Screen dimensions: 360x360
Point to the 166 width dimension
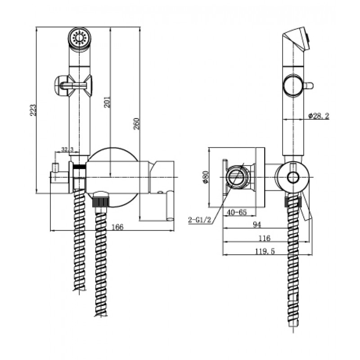click(117, 227)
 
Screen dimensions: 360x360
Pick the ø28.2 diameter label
click(319, 116)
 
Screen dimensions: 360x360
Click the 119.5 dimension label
click(265, 252)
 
